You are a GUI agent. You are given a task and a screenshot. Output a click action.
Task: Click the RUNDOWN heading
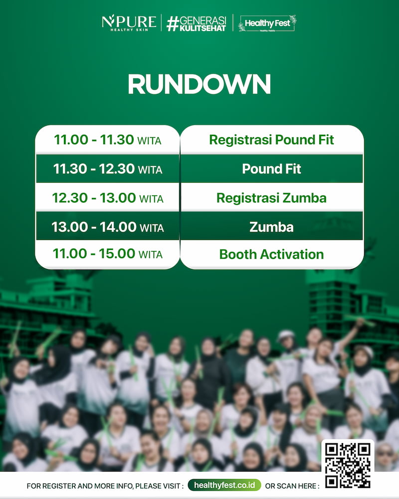coord(199,84)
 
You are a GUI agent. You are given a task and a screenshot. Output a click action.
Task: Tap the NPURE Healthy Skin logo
coord(129,22)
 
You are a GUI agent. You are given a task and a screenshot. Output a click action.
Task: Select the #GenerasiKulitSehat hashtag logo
coord(197,23)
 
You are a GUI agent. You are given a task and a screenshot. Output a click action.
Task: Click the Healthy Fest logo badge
coord(267,23)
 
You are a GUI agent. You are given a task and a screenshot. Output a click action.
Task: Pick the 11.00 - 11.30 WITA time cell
coord(108,140)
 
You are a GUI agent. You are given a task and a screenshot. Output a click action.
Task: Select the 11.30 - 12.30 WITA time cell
coord(108,169)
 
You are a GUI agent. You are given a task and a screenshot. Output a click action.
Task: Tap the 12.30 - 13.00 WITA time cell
coord(108,198)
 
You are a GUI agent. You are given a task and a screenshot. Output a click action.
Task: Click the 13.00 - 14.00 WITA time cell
coord(108,227)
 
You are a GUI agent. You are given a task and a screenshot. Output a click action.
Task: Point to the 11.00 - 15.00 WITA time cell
coord(108,254)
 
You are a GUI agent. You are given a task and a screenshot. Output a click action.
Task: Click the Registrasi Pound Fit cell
coord(272,140)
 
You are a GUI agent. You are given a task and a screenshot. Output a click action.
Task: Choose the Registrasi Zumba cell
coord(272,198)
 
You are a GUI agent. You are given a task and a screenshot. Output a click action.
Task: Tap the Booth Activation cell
coord(272,254)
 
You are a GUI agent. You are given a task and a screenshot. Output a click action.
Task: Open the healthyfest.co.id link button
coord(224,485)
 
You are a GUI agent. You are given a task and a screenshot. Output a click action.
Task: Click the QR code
coord(348,465)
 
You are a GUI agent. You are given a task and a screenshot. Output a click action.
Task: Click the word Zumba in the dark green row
coord(271,227)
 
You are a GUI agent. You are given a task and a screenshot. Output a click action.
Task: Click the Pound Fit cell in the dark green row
coord(272,169)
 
